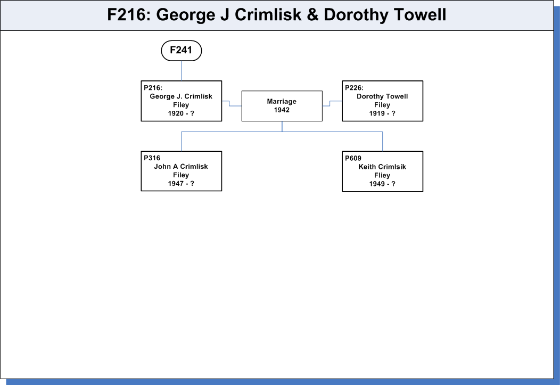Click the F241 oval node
pos(182,51)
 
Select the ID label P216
pos(153,88)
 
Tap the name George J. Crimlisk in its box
pos(181,96)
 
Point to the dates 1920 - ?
pos(181,113)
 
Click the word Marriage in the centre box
pos(282,101)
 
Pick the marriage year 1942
pos(282,110)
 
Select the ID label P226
pos(354,88)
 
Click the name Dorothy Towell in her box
pos(382,96)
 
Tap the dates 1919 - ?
pos(382,113)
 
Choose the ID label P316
pos(152,158)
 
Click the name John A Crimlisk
pos(181,167)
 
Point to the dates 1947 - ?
pos(181,184)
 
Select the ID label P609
pos(353,158)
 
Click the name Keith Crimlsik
pos(382,167)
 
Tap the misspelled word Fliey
pos(382,175)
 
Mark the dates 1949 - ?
pos(382,184)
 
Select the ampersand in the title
pos(312,15)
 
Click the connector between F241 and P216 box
pos(182,71)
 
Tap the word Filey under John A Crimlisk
pos(181,175)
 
